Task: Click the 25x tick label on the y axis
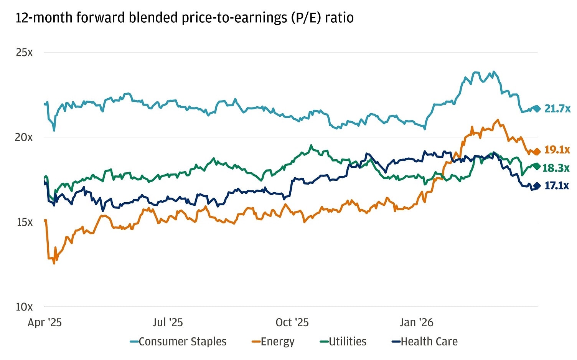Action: click(24, 52)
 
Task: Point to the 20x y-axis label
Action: click(24, 137)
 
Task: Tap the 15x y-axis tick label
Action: click(24, 222)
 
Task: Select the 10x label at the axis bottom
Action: click(24, 307)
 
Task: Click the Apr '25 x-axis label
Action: click(45, 322)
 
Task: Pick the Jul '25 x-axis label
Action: click(168, 322)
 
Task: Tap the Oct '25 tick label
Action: click(292, 322)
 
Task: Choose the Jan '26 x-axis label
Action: click(416, 322)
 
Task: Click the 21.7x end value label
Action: click(557, 109)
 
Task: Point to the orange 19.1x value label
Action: click(557, 150)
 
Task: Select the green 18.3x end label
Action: click(556, 168)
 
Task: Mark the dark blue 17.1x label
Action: click(556, 186)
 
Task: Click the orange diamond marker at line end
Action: click(537, 152)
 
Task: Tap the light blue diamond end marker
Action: click(537, 109)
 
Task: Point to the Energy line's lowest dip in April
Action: click(54, 263)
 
